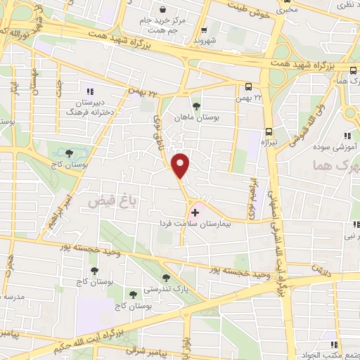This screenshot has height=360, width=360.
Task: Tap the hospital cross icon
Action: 195,212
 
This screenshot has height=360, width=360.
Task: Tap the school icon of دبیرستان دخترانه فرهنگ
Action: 89,91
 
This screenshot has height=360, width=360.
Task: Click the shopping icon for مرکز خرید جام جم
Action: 164,11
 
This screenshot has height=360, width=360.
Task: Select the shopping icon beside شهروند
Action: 204,30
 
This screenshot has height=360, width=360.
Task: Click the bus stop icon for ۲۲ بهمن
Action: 247,87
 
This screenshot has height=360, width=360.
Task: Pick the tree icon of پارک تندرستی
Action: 166,278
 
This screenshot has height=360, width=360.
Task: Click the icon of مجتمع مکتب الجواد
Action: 335,345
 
